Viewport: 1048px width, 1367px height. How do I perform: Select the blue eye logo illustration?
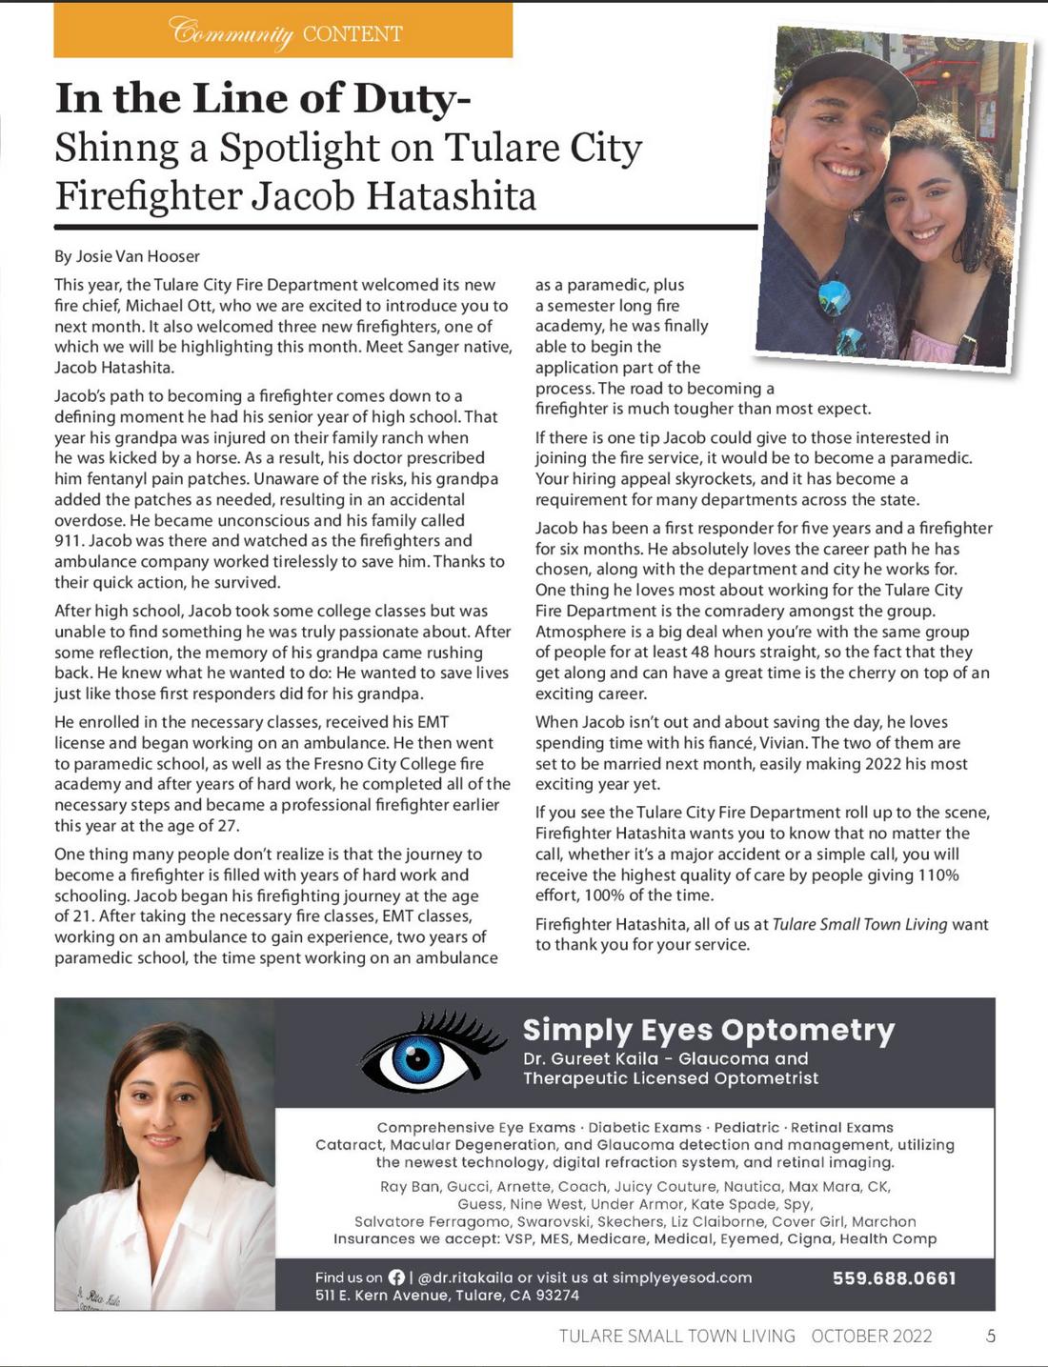pos(419,1055)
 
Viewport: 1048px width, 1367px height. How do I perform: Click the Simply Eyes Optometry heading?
pos(708,1030)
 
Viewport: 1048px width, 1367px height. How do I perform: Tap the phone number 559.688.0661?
pos(894,1278)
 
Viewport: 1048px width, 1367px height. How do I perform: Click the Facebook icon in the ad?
pos(396,1277)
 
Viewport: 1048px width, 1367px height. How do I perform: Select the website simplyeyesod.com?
pos(682,1277)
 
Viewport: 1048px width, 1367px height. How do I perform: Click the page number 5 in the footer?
pos(991,1336)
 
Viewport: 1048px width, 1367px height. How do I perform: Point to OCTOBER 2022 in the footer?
pos(872,1336)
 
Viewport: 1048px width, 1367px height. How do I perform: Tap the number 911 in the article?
pos(69,541)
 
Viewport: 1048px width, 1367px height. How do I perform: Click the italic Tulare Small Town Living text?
pos(859,924)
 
